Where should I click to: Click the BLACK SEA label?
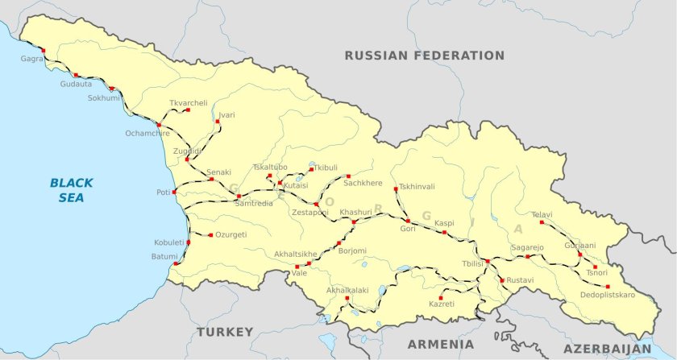(x=71, y=189)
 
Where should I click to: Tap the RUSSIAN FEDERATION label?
(x=424, y=56)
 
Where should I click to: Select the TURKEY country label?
(x=224, y=332)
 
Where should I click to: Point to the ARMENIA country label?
(x=435, y=344)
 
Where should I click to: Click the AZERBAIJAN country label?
(x=606, y=349)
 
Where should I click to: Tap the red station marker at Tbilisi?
(x=488, y=262)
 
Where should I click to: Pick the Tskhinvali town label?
(x=417, y=186)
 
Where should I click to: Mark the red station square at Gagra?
(x=43, y=51)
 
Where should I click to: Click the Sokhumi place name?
(x=103, y=98)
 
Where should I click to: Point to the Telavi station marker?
(x=542, y=222)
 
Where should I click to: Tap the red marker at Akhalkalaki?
(x=347, y=299)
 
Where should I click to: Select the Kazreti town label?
(x=441, y=304)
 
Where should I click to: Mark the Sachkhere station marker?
(x=348, y=176)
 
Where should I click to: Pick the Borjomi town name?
(x=351, y=250)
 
